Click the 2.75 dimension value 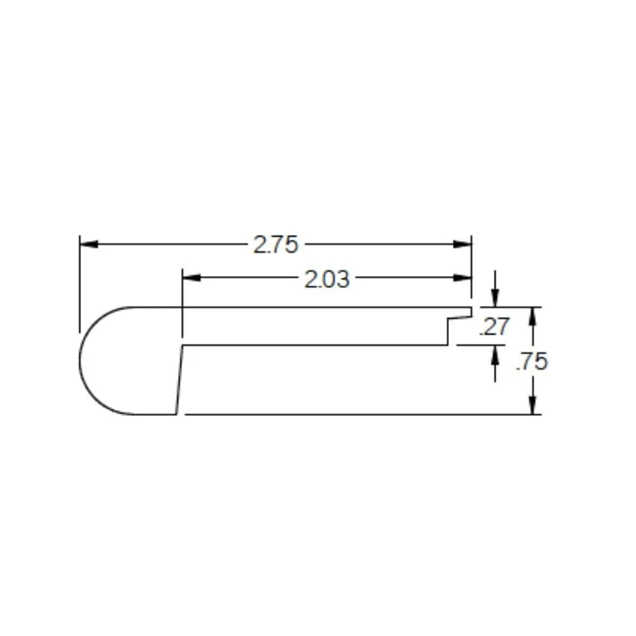[276, 244]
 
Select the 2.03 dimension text [327, 279]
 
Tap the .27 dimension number [494, 326]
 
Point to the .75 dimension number [532, 361]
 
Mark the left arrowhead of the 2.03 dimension [191, 278]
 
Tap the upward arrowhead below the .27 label [495, 354]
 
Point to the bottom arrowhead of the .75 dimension [533, 406]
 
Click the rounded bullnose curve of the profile [86, 361]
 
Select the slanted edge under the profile [179, 380]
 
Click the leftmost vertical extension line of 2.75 [79, 286]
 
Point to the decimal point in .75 [518, 369]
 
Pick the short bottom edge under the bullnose [156, 414]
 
